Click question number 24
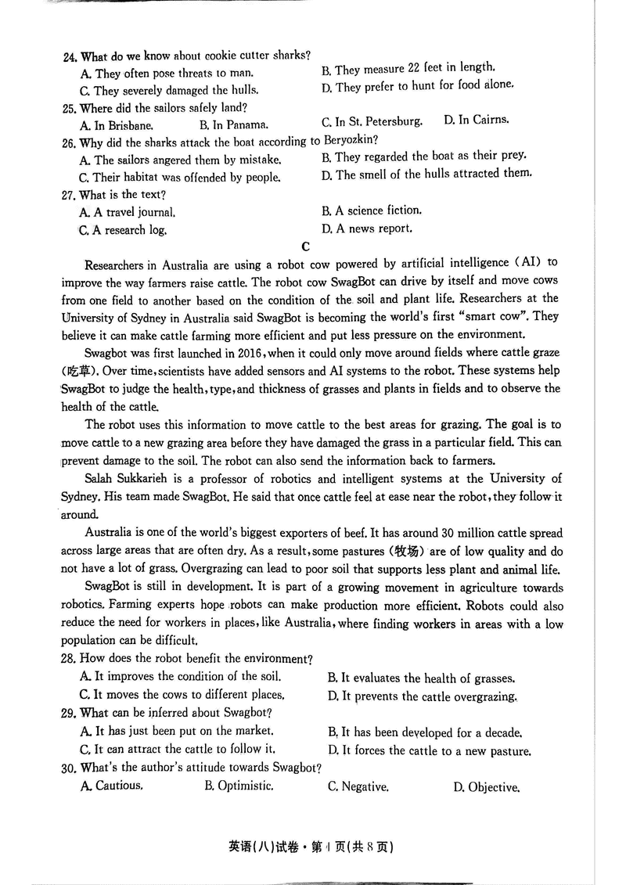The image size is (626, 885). tap(70, 56)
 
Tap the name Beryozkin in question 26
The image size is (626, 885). tap(350, 141)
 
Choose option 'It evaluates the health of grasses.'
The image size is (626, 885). tap(421, 678)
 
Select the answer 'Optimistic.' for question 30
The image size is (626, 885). tap(239, 786)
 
